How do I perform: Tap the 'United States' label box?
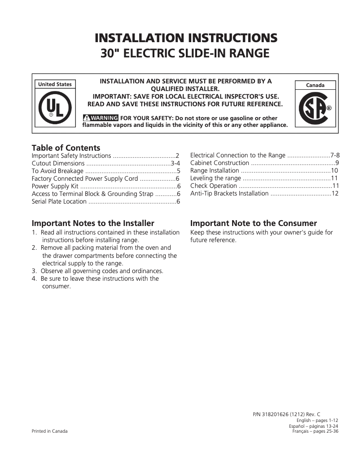pos(55,84)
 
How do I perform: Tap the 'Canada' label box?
pos(315,85)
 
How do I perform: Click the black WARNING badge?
pos(100,118)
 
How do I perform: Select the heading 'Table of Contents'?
pos(66,148)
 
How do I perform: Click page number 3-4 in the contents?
pos(175,163)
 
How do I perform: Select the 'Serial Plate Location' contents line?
pos(59,201)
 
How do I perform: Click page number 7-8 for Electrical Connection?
pos(335,156)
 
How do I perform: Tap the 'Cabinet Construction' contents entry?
pos(220,163)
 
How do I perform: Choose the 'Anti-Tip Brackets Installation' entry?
pos(229,194)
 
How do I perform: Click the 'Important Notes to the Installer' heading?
pos(93,223)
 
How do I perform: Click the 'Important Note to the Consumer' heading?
pos(254,223)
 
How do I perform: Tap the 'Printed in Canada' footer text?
pos(49,431)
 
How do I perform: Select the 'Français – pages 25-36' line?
pos(315,431)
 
